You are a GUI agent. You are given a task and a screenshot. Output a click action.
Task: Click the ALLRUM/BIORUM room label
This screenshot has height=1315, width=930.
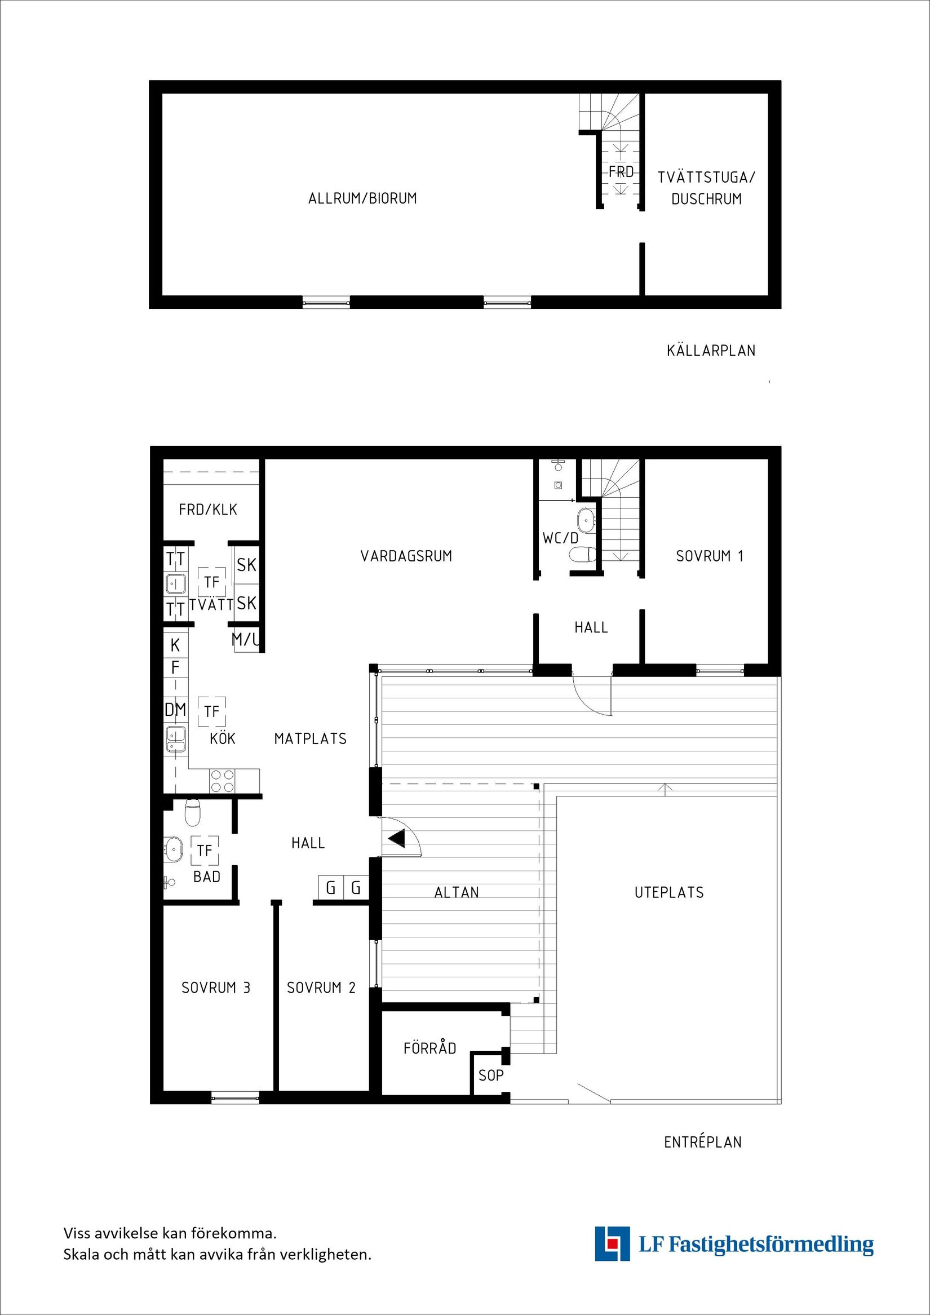[x=362, y=198]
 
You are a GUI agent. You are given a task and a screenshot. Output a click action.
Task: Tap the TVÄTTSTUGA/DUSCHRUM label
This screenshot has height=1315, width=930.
[x=706, y=188]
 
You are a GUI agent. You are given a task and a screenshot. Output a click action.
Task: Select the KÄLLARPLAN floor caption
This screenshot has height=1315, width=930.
[x=711, y=351]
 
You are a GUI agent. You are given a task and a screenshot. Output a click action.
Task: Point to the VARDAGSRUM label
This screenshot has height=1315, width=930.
[x=406, y=556]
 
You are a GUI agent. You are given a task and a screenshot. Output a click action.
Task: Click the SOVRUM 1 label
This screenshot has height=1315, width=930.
[x=710, y=556]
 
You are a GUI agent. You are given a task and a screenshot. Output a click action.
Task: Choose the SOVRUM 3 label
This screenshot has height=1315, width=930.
[x=216, y=988]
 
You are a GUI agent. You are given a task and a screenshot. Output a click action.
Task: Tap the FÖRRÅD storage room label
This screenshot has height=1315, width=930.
[x=429, y=1048]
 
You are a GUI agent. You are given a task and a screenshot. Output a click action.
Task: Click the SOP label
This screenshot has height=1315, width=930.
[x=491, y=1075]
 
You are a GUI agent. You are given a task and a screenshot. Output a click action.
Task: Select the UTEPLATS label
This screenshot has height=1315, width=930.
[x=669, y=892]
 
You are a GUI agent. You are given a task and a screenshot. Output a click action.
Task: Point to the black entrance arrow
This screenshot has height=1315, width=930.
[x=396, y=839]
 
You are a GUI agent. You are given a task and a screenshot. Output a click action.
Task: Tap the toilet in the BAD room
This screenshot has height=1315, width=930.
[x=192, y=813]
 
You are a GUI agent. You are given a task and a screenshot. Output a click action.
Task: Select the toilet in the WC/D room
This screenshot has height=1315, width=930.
[x=583, y=555]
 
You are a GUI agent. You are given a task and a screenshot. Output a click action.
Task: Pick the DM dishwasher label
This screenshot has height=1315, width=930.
[x=175, y=710]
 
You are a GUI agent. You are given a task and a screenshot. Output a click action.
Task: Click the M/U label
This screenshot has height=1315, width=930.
[x=245, y=640]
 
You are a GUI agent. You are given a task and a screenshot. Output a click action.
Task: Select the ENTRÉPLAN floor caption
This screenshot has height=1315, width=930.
[x=703, y=1142]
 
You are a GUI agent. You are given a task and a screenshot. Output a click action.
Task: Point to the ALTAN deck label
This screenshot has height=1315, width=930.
[x=457, y=892]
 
